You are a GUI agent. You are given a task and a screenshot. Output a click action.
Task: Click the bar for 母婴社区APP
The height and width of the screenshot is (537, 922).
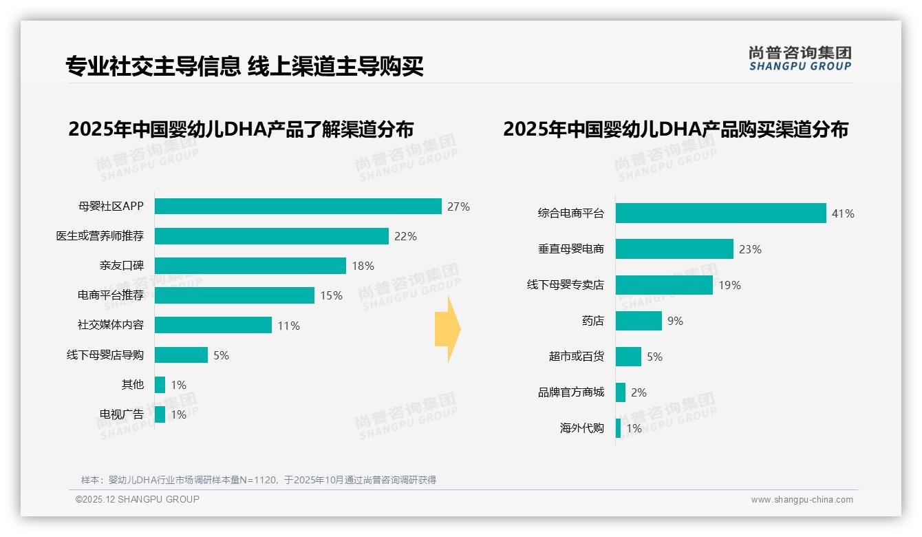coord(298,207)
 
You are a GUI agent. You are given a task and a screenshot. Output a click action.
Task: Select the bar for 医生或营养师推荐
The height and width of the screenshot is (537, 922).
coord(272,236)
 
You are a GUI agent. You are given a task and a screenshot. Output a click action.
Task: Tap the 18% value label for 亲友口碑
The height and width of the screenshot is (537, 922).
coord(363,266)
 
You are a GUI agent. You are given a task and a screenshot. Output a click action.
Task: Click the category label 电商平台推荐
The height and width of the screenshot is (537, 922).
coord(110,295)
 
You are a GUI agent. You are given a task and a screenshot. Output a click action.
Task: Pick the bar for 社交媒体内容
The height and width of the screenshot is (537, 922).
coord(213,325)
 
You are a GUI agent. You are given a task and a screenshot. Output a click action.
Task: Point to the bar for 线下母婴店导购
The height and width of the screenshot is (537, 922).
coord(181,355)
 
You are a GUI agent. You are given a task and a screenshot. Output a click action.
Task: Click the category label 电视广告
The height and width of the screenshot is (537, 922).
coord(122,414)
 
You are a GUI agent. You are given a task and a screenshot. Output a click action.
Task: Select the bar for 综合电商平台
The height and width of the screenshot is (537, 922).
coord(720,213)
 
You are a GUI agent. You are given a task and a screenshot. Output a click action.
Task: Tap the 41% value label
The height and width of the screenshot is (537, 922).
coord(843,214)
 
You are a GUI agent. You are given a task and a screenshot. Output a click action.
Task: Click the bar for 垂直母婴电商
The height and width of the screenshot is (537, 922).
coord(674,249)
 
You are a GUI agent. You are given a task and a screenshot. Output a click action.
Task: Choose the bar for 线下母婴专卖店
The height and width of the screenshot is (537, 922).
coord(664,285)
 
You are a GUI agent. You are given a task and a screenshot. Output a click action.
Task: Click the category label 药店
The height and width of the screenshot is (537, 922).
coord(592,321)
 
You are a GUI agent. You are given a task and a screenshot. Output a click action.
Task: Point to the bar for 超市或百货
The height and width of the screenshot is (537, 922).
coord(628,357)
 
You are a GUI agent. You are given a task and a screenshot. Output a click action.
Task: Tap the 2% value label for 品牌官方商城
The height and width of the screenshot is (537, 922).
coord(639,392)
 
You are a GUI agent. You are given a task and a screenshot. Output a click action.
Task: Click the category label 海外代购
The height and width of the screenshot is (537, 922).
coord(581,428)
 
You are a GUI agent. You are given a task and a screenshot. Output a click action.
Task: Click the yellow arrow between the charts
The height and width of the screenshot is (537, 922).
coord(447,329)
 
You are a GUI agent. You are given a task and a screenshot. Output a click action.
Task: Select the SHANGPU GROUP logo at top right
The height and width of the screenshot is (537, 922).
coord(800,59)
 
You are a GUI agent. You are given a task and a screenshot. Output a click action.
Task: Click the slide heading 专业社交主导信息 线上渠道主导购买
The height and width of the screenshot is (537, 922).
coord(244,66)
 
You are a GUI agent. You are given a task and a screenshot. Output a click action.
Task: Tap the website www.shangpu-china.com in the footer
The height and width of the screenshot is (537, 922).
coord(802,500)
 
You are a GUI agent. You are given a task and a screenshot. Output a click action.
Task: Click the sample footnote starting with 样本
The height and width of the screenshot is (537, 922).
coord(259,480)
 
